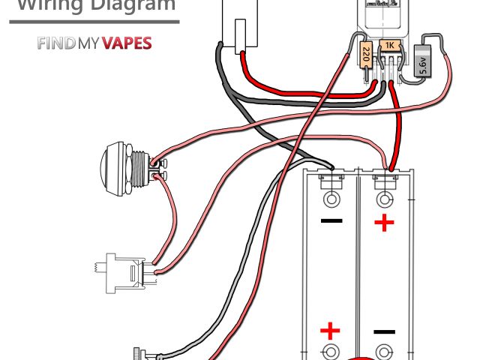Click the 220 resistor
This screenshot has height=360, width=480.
(366, 55)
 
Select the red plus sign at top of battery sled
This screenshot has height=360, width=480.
(384, 223)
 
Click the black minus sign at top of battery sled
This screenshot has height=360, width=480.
(331, 221)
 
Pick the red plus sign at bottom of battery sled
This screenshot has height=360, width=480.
(330, 331)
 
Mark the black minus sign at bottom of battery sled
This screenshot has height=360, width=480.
(384, 331)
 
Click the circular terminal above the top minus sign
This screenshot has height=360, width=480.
(331, 199)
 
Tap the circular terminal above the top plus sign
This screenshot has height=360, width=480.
(385, 199)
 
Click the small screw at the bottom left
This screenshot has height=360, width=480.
(139, 352)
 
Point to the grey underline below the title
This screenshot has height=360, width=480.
(94, 22)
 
